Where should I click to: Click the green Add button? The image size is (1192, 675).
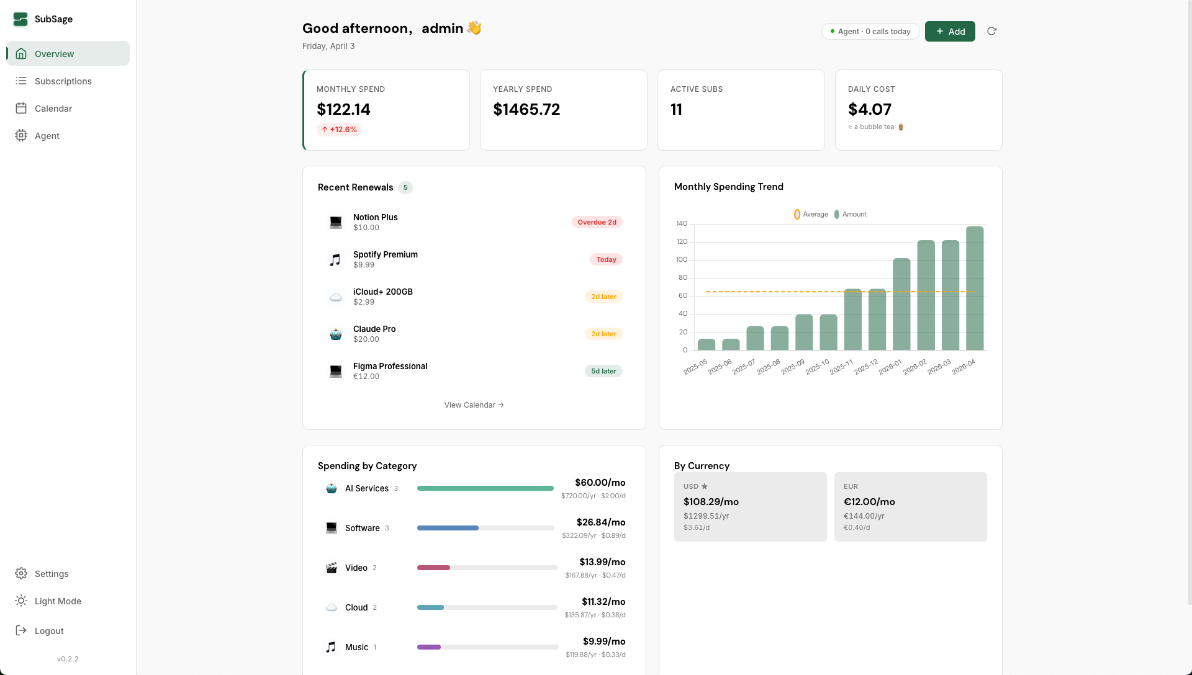[949, 32]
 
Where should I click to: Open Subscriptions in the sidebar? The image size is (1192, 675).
[63, 81]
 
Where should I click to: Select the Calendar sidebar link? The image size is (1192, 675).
[53, 109]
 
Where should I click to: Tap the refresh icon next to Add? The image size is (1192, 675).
[991, 31]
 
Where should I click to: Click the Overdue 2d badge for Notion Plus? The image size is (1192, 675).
[597, 222]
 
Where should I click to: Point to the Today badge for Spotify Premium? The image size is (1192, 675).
[606, 259]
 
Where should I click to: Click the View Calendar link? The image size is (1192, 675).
[474, 405]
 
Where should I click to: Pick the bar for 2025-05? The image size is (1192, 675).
[707, 344]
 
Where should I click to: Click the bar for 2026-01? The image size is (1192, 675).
[901, 304]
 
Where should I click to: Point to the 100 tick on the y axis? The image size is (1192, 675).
[682, 259]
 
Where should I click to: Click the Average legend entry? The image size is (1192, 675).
[811, 214]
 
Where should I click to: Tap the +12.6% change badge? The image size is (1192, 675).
[339, 130]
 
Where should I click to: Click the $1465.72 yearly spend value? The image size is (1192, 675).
[526, 109]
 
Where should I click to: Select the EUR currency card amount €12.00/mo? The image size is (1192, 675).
[869, 501]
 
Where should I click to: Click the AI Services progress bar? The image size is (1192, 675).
[485, 488]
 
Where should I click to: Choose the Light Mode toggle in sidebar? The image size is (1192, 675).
[58, 601]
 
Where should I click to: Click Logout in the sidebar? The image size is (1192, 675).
[49, 631]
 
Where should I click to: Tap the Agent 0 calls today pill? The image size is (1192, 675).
[870, 32]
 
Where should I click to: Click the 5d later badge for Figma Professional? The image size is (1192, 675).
[603, 371]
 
